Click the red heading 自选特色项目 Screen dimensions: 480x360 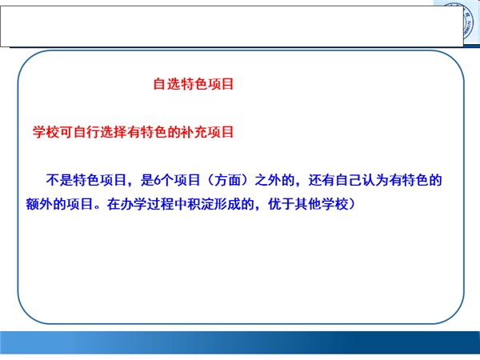(194, 84)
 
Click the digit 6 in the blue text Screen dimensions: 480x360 (158, 180)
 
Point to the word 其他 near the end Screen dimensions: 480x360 (308, 204)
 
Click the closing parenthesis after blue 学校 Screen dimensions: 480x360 (352, 204)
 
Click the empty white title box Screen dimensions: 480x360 (232, 26)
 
